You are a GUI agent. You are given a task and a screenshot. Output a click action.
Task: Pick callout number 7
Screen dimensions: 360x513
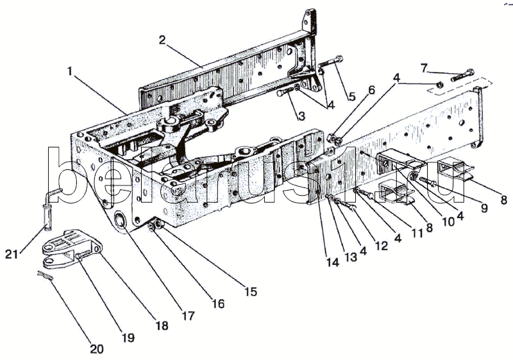coord(425,67)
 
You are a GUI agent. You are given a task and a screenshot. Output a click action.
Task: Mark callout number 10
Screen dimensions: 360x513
coord(447,220)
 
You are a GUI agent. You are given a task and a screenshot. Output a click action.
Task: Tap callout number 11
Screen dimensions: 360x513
coord(417,234)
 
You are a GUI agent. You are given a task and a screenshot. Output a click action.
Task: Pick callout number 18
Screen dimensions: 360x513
coord(162,325)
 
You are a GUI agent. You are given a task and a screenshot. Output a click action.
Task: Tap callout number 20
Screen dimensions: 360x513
coord(96,349)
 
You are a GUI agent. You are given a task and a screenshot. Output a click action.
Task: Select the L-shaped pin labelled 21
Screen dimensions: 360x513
coord(51,204)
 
